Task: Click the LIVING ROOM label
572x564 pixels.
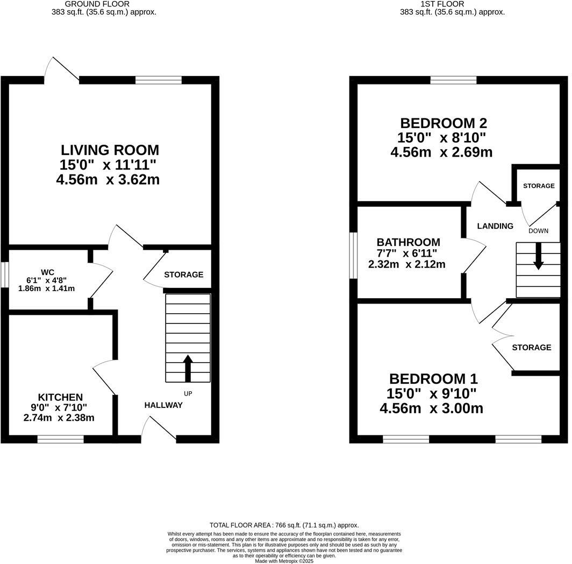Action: click(110, 150)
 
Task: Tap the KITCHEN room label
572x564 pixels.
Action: click(60, 397)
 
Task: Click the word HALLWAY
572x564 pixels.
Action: click(163, 405)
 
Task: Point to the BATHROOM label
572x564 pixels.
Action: click(408, 242)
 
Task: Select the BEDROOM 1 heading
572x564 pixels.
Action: click(433, 379)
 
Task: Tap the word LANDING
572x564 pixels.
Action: click(495, 226)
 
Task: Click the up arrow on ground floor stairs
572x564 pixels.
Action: click(188, 368)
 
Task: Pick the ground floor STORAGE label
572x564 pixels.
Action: click(183, 274)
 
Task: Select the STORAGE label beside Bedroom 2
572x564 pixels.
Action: click(539, 186)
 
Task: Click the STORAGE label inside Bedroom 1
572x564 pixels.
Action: click(531, 348)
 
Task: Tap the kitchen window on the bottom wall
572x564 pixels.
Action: click(60, 439)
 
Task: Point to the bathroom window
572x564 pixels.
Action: click(353, 256)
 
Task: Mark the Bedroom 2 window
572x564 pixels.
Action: click(453, 81)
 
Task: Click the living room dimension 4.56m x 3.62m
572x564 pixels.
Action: click(108, 180)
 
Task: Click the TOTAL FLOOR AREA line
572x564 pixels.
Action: click(284, 525)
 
